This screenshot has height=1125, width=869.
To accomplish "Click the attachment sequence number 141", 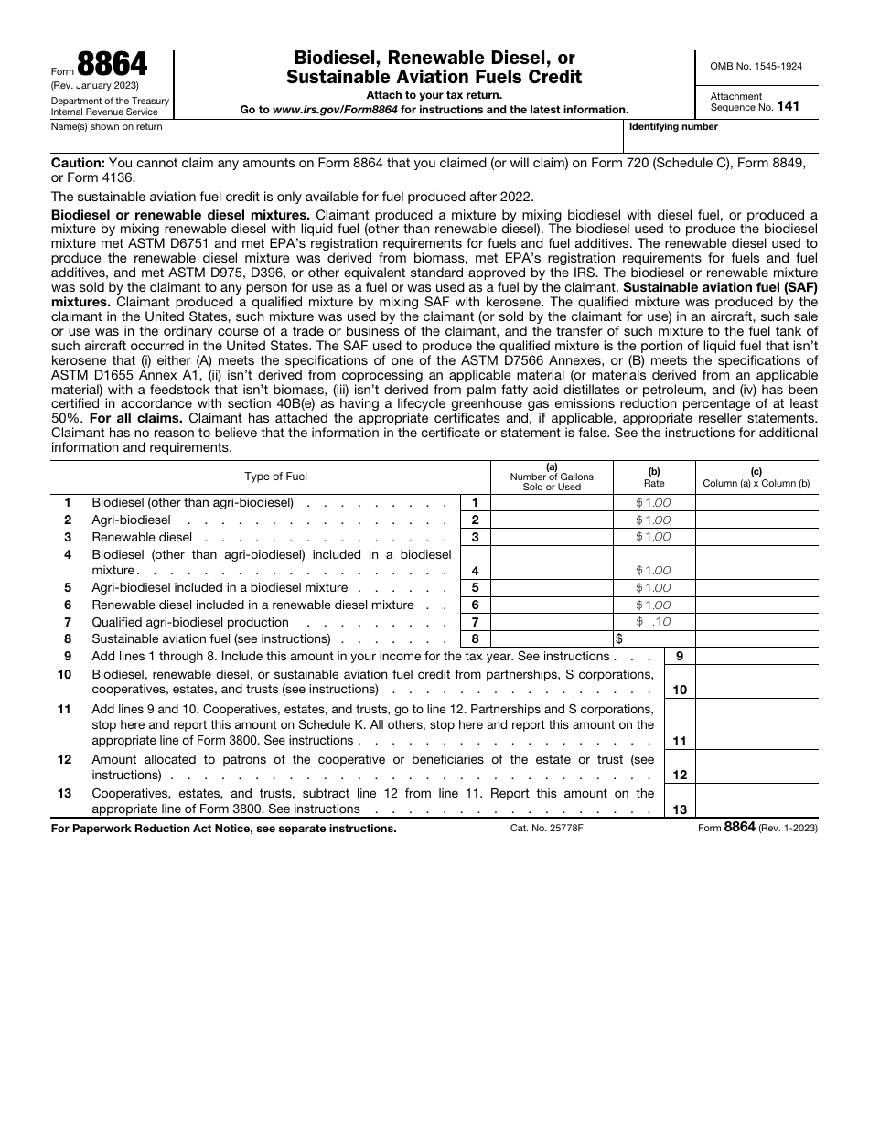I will coord(788,107).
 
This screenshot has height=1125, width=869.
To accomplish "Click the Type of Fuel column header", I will coord(275,477).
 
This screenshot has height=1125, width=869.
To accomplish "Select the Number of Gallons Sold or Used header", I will coord(552,481).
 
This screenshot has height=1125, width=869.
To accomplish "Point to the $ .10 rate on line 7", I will coord(654,622).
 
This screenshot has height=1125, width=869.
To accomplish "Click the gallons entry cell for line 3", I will coord(552,538).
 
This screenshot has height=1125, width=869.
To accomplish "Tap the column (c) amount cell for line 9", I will coord(756,656).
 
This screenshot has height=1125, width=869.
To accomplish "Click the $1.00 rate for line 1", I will coord(654,503).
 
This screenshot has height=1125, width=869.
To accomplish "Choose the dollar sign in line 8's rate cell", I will coord(619,639).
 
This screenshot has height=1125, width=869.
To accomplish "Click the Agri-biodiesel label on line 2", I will coord(131,520).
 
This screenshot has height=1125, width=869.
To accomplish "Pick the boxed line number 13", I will coord(680,809).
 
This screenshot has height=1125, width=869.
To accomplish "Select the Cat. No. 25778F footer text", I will coord(546,828).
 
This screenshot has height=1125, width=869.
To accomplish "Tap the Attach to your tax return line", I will coord(434,95).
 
